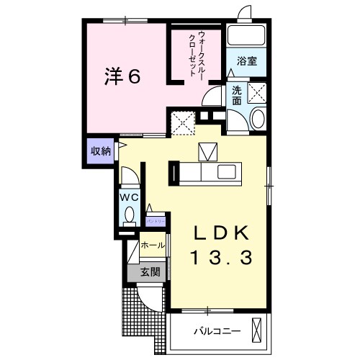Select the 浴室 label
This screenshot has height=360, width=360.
pos(248,62)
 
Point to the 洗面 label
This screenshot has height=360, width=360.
pos(237,95)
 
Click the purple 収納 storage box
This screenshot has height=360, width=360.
pos(101,150)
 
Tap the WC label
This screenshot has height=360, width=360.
pos(129,196)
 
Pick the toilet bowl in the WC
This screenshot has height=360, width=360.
pos(129,214)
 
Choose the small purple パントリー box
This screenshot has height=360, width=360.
pos(156,222)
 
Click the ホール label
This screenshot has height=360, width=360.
pos(152,246)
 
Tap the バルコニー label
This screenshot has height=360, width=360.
pos(216,332)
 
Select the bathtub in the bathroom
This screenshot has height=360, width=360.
pos(247,38)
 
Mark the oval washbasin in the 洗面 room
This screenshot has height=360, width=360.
pos(257,120)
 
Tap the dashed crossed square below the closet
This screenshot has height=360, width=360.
pos(182,122)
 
